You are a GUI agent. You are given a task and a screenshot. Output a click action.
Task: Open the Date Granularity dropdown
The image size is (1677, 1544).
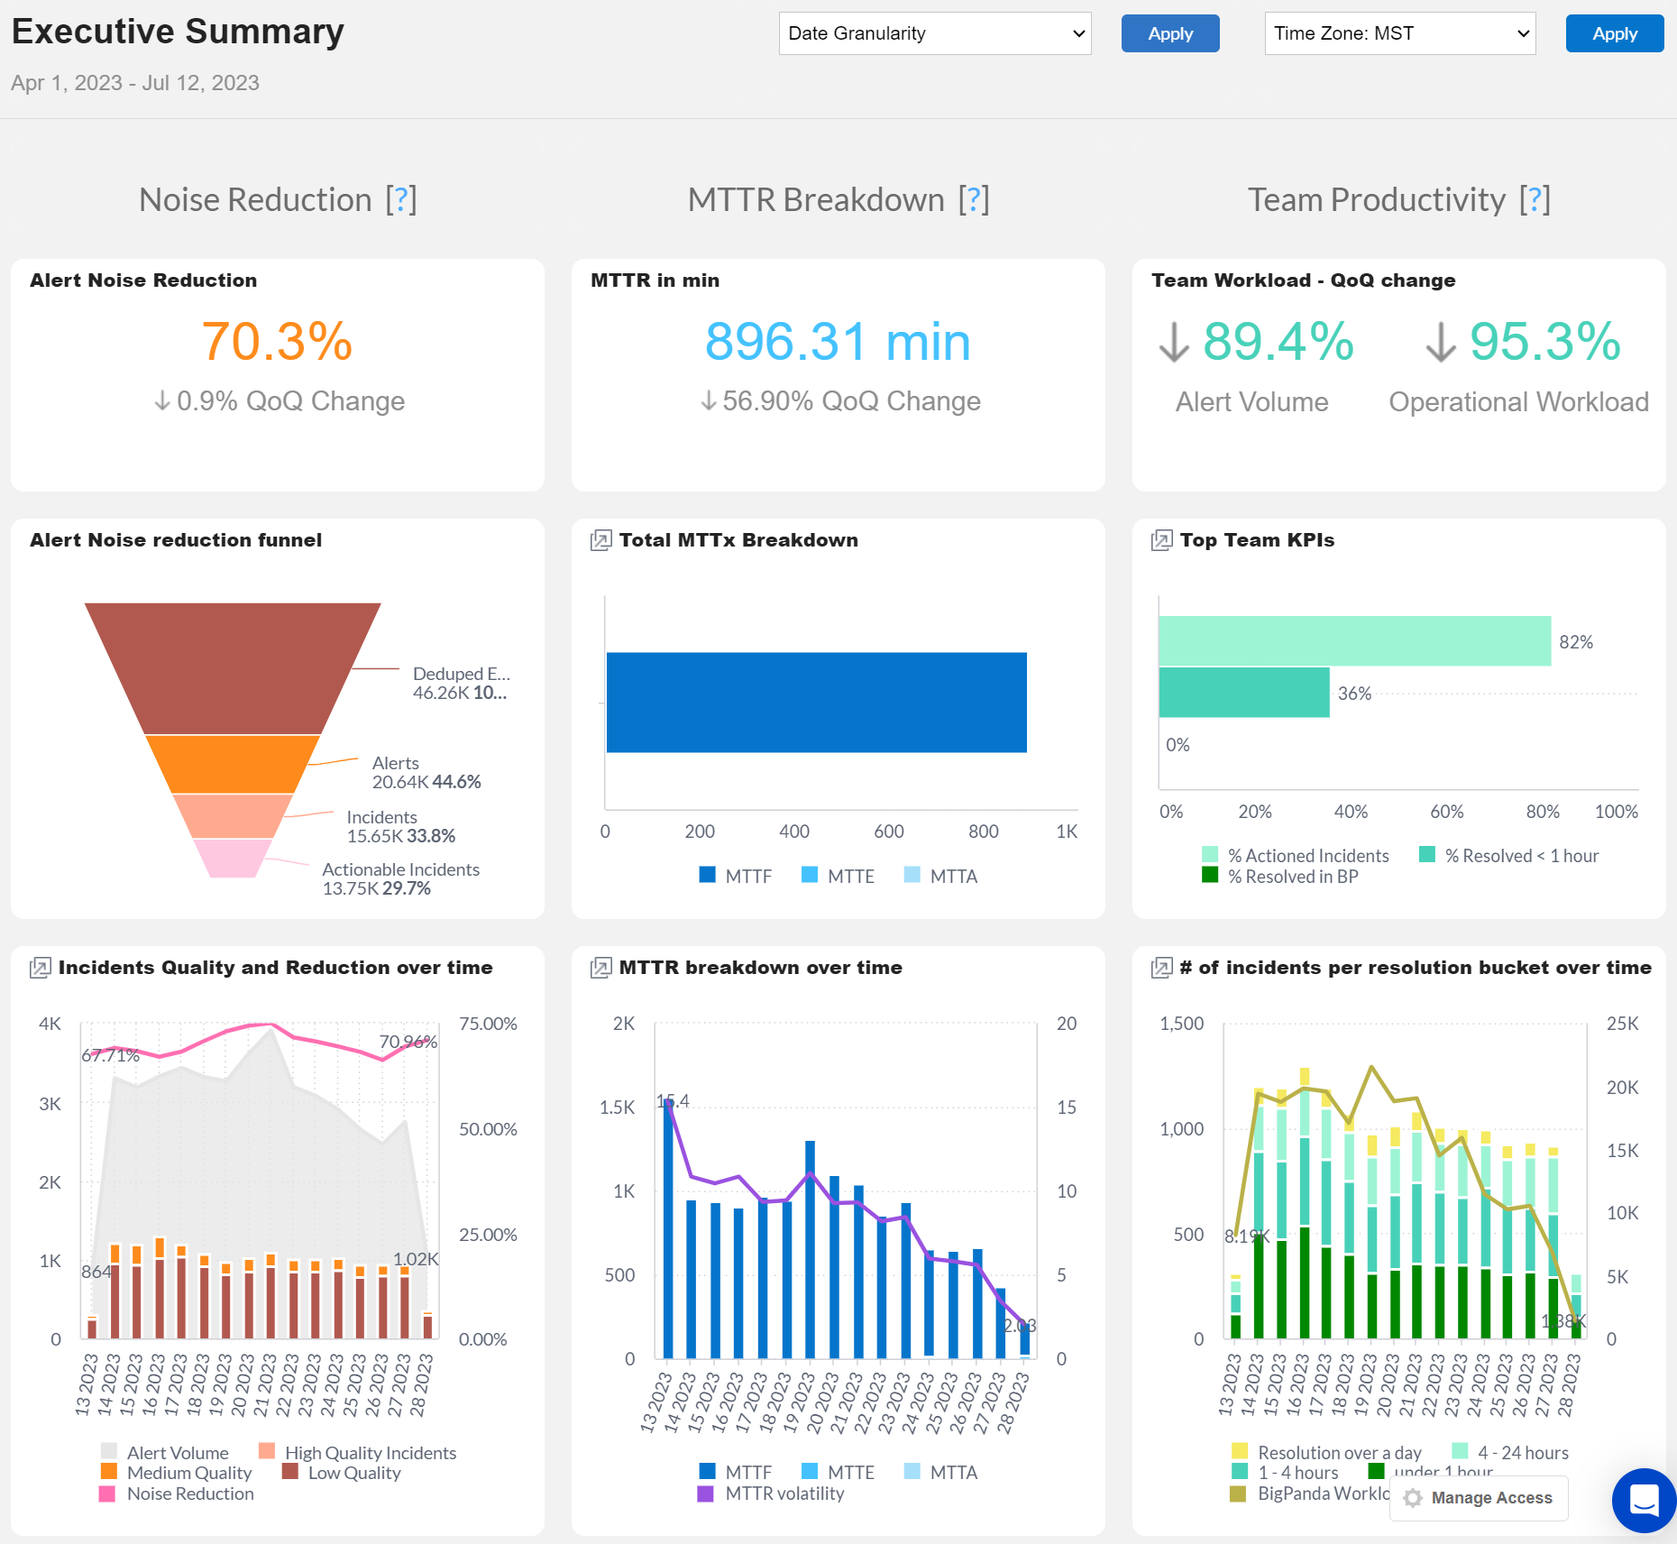[934, 33]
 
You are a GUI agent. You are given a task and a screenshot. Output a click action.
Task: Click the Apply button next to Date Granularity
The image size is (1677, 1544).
[1169, 33]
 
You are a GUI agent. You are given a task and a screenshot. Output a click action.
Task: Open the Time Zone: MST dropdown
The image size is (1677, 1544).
[1399, 33]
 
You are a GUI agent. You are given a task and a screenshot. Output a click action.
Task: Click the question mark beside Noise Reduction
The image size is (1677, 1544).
[401, 199]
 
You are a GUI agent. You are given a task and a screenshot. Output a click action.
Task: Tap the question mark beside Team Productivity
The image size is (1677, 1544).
[1534, 199]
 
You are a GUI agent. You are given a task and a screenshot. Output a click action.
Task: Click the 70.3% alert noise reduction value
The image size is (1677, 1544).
[277, 342]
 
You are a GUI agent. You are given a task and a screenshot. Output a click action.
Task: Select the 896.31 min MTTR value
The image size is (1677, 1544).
[838, 342]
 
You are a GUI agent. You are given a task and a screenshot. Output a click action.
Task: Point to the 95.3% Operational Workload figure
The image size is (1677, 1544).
[1544, 342]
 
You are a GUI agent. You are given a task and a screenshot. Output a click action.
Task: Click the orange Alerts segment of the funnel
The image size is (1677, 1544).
[232, 763]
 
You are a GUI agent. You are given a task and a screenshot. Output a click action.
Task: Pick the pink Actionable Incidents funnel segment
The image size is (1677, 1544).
[232, 858]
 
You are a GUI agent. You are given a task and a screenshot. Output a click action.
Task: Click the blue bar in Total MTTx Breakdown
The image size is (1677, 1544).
[816, 703]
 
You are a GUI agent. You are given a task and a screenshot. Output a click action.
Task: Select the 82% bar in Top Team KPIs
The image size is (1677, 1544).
[1353, 641]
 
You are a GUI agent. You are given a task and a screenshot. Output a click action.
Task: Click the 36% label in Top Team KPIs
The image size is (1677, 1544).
[1354, 694]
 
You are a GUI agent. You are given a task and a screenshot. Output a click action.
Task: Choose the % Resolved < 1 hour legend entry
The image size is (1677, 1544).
[1520, 856]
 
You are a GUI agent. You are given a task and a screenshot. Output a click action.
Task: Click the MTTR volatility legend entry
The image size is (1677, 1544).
[784, 1493]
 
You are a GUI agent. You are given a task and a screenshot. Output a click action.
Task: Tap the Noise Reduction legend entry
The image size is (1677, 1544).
[189, 1493]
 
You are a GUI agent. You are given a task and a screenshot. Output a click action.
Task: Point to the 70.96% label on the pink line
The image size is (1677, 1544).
[408, 1042]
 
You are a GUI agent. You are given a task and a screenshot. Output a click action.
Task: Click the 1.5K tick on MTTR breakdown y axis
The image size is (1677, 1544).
[618, 1107]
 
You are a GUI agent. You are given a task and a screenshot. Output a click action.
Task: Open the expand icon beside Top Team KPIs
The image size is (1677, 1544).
[1161, 540]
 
